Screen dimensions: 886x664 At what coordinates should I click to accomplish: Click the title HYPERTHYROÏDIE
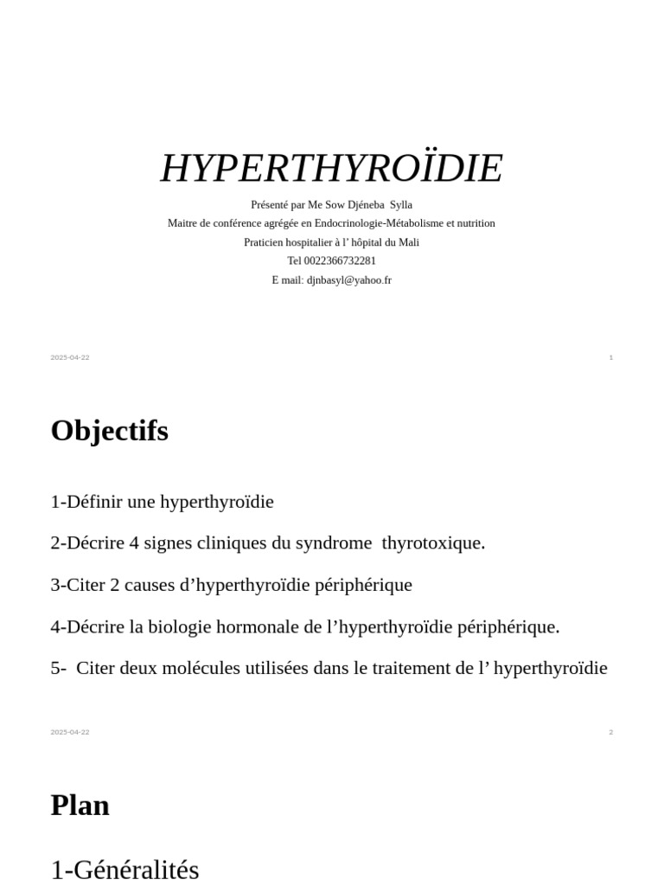[x=331, y=168]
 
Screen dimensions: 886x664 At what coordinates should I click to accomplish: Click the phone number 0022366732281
[x=340, y=261]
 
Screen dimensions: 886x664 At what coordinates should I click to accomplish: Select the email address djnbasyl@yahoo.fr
[x=349, y=280]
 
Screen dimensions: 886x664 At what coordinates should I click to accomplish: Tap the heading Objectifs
[x=110, y=431]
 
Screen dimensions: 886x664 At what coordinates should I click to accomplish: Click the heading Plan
[x=80, y=806]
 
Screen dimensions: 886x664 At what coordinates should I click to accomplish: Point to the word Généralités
[x=136, y=869]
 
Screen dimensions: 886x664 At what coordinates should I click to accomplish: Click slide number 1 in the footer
[x=610, y=357]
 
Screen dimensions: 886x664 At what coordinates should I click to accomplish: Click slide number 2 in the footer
[x=610, y=732]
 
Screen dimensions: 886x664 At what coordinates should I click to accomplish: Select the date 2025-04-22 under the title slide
[x=70, y=357]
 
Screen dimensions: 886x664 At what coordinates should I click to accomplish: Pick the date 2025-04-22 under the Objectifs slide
[x=70, y=732]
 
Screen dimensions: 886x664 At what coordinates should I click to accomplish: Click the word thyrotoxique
[x=433, y=543]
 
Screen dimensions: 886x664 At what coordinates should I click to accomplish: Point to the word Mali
[x=408, y=242]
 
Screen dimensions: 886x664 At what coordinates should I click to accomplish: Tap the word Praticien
[x=265, y=242]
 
